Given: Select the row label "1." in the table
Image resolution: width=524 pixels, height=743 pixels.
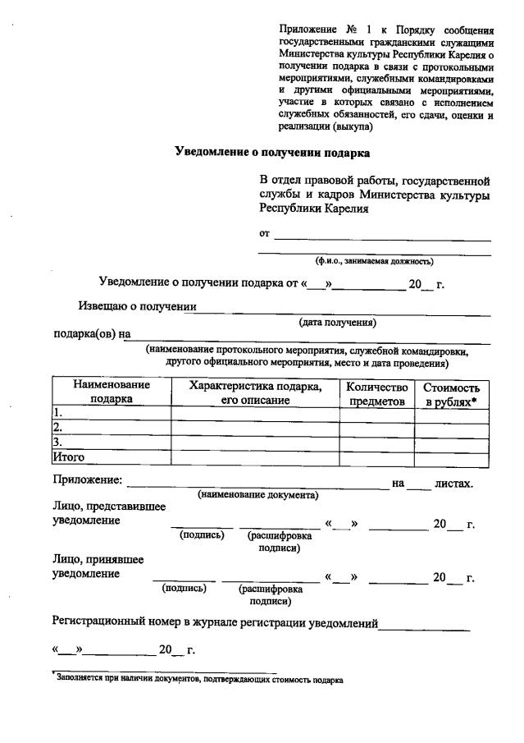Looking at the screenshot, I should point(57,413).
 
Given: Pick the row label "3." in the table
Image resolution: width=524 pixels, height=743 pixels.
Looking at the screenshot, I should point(57,443).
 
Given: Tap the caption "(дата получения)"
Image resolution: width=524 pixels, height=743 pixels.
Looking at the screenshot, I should point(337,323).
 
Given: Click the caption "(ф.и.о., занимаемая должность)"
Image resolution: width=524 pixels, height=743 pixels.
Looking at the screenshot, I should point(375,261).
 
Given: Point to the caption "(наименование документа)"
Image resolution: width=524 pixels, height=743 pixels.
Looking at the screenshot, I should point(257,495).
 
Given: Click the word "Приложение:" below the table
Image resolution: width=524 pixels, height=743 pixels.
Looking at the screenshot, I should point(88,480).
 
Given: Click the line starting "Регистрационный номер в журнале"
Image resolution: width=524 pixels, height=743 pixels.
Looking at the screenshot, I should point(215,623).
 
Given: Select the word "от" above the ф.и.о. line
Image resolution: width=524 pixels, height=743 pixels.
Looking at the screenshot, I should point(265,234).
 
